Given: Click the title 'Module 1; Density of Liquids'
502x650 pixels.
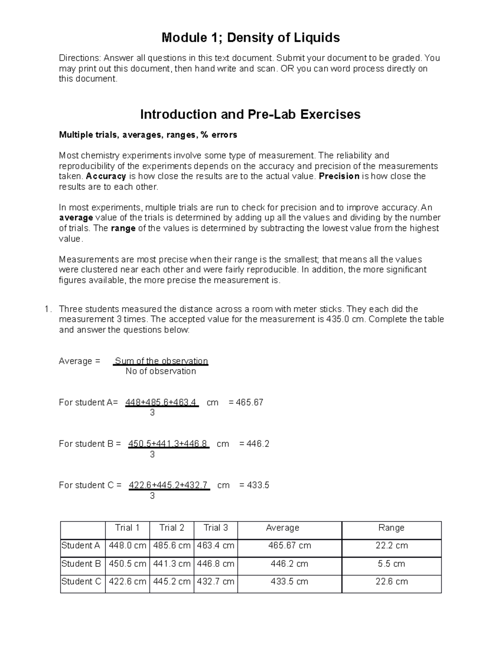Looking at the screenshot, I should point(251,38).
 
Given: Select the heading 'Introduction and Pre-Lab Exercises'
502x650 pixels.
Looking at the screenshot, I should point(250,114).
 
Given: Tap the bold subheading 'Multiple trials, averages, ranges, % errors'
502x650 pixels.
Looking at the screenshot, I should point(148,135).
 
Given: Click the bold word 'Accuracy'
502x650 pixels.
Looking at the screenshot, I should point(106,176).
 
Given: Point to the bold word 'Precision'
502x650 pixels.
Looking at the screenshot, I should point(339,176).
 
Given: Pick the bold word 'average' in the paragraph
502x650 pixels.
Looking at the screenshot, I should point(76,218).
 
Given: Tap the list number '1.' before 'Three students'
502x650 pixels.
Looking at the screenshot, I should point(48,309).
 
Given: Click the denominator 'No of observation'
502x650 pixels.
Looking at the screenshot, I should point(161,371).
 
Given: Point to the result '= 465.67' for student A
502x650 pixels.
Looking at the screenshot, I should point(246,403).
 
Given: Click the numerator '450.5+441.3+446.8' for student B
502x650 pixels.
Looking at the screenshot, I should point(168,444).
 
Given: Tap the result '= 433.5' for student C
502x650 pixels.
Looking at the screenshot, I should point(254,485).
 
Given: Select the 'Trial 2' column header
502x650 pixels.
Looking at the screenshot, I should point(172,528).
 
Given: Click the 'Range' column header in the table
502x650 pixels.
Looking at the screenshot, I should point(391,528).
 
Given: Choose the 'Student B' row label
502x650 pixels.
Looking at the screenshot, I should point(81,564).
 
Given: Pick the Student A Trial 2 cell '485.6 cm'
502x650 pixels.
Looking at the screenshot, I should point(172,546).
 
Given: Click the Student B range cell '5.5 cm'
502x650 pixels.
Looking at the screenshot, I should point(391,564).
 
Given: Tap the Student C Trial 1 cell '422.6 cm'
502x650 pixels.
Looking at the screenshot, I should point(127,581).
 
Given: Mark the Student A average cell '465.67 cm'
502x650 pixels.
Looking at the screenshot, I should point(289,546).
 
